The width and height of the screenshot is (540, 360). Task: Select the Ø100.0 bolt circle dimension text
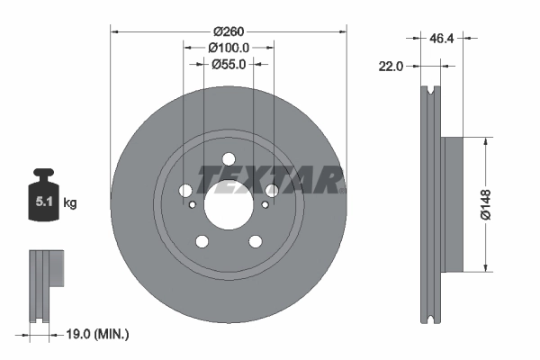pyautogui.click(x=229, y=47)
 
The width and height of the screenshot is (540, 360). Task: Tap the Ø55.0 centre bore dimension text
pyautogui.click(x=229, y=64)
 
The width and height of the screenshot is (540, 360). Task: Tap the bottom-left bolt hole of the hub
pyautogui.click(x=202, y=241)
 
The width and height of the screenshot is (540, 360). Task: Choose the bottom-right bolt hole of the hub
pyautogui.click(x=256, y=241)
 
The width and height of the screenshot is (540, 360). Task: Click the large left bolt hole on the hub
pyautogui.click(x=185, y=191)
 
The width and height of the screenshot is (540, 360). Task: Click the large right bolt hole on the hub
pyautogui.click(x=272, y=191)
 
